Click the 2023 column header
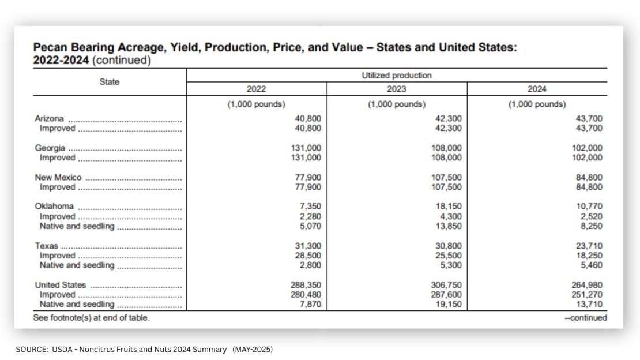[x=396, y=89]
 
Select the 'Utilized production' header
[x=396, y=75]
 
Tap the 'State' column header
[x=110, y=82]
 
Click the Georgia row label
[x=50, y=148]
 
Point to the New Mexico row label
[x=58, y=177]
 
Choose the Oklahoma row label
[x=54, y=206]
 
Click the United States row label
[x=61, y=285]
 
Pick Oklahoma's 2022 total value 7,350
[x=310, y=206]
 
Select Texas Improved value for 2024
[x=589, y=256]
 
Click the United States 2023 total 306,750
[x=446, y=285]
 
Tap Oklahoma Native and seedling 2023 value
[x=449, y=226]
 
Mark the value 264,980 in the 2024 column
[x=586, y=285]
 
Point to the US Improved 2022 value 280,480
[x=306, y=295]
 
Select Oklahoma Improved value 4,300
[x=451, y=216]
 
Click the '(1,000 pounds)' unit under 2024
[x=537, y=104]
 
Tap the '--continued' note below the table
[x=586, y=317]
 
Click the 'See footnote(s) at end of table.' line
[x=92, y=317]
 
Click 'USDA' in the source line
[x=62, y=350]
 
